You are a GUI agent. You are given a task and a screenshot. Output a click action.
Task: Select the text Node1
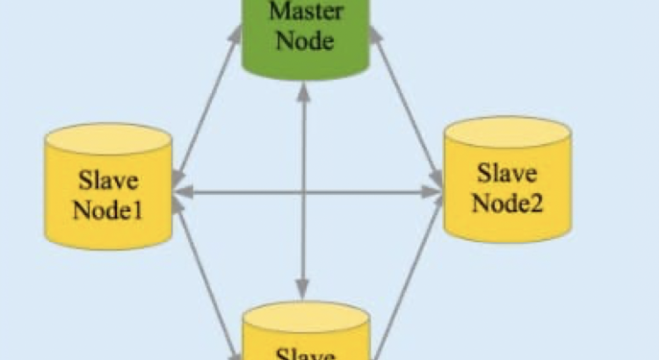pos(109,211)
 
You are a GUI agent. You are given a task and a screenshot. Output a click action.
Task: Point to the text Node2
pos(507,203)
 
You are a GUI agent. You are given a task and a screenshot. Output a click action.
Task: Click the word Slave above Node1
pos(109,182)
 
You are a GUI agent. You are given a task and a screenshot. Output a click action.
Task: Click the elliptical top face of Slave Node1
pos(108,139)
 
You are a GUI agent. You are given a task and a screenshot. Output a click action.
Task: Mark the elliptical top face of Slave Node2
pos(507,132)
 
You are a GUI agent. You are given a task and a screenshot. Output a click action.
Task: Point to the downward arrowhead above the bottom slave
pos(303,288)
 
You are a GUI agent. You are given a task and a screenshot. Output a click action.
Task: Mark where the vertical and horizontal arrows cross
pos(303,191)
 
